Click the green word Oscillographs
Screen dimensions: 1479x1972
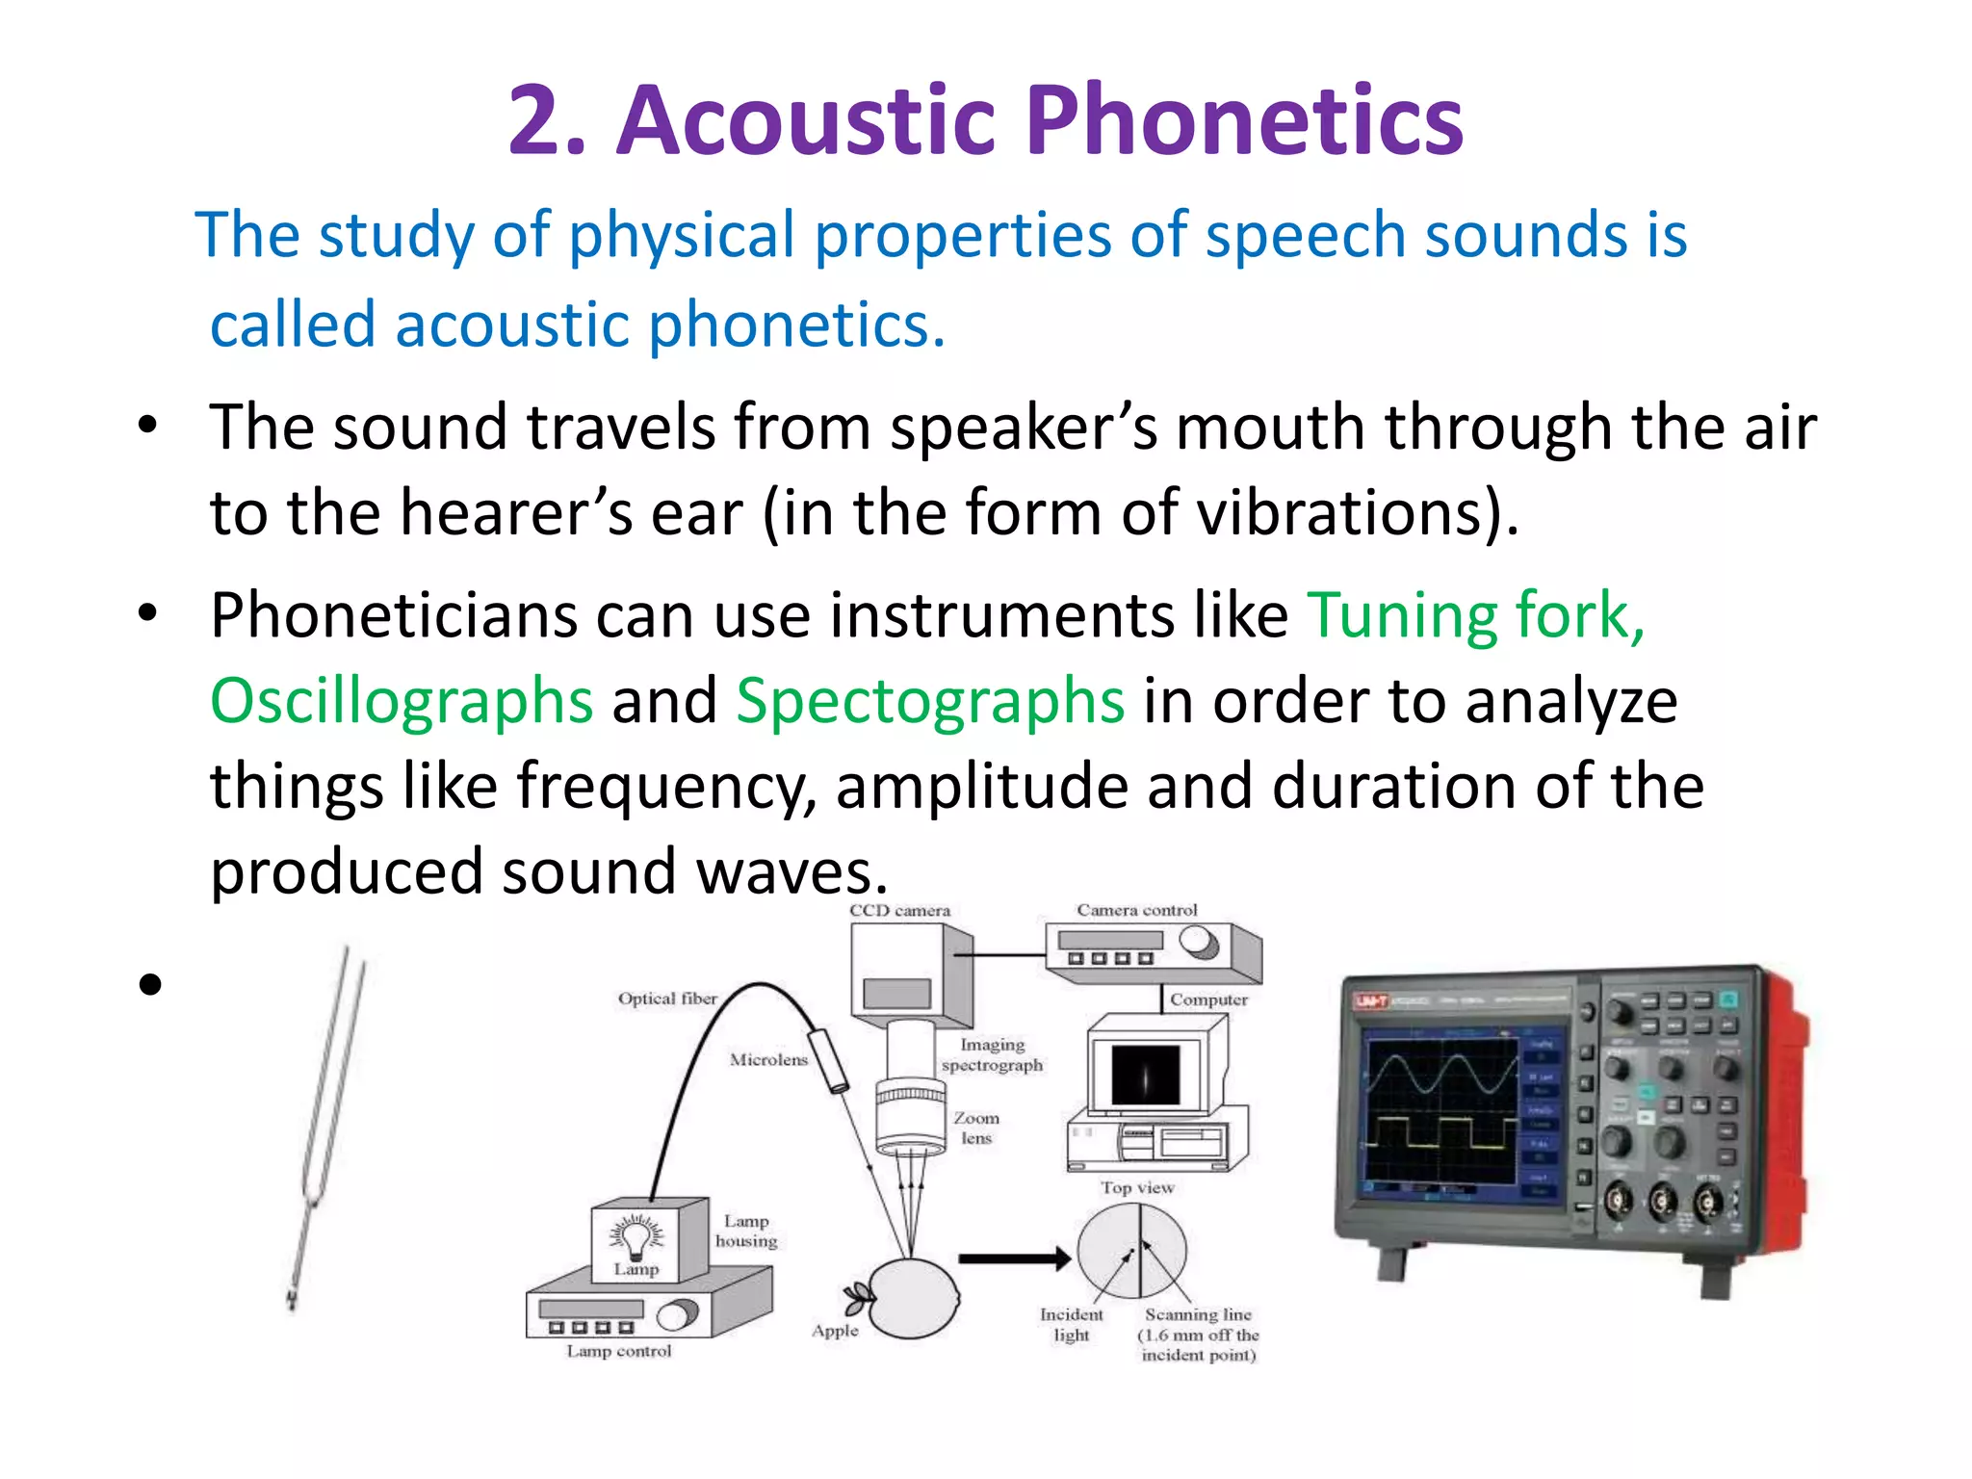coord(401,701)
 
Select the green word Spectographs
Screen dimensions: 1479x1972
coord(929,701)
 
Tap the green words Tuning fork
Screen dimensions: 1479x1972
coord(1474,615)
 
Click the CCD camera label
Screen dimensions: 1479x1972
coord(899,911)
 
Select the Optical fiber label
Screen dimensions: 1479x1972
coord(666,999)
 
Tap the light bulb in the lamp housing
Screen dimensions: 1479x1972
coord(636,1236)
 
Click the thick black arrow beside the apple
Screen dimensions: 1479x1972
coord(1014,1258)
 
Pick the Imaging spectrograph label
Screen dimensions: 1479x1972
coord(992,1055)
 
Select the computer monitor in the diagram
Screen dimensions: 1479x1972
coord(1145,1075)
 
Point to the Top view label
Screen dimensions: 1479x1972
coord(1137,1188)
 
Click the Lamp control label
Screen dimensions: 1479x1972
coord(618,1352)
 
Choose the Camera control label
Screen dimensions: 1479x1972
coord(1136,911)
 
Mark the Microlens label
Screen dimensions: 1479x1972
coord(767,1060)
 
